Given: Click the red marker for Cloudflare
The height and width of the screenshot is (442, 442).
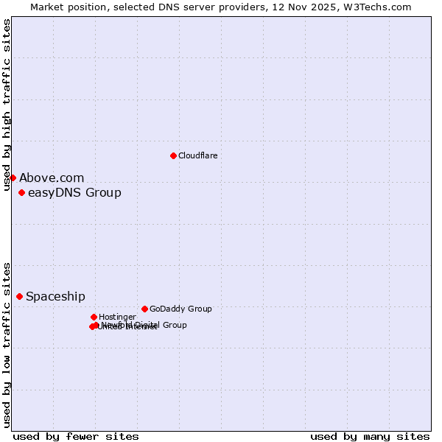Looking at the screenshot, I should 173,155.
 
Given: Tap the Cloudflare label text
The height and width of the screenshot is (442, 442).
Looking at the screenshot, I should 197,155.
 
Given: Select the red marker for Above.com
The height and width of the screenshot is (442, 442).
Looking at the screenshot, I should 13,178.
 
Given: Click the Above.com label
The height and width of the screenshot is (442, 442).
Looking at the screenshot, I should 52,178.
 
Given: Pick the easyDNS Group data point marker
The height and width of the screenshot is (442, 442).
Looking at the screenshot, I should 21,193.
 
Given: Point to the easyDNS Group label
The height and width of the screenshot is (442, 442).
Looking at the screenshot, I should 74,193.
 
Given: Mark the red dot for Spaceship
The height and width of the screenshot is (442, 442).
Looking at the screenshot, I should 19,296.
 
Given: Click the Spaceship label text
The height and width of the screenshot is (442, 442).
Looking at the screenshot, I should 55,296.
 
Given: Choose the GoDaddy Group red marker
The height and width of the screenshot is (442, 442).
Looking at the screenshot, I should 144,309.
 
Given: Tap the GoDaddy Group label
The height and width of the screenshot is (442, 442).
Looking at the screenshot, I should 180,309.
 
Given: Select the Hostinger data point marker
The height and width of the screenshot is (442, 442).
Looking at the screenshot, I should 94,317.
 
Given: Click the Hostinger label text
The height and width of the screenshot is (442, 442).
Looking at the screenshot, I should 117,317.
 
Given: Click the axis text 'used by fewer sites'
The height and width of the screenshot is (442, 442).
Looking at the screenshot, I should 76,436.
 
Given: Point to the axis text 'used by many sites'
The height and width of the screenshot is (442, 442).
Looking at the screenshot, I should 370,436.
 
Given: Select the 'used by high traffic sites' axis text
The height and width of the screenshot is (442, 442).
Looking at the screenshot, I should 7,105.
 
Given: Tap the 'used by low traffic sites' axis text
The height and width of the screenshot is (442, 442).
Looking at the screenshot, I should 7,345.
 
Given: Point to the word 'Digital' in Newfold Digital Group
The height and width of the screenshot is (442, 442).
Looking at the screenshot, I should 147,325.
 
